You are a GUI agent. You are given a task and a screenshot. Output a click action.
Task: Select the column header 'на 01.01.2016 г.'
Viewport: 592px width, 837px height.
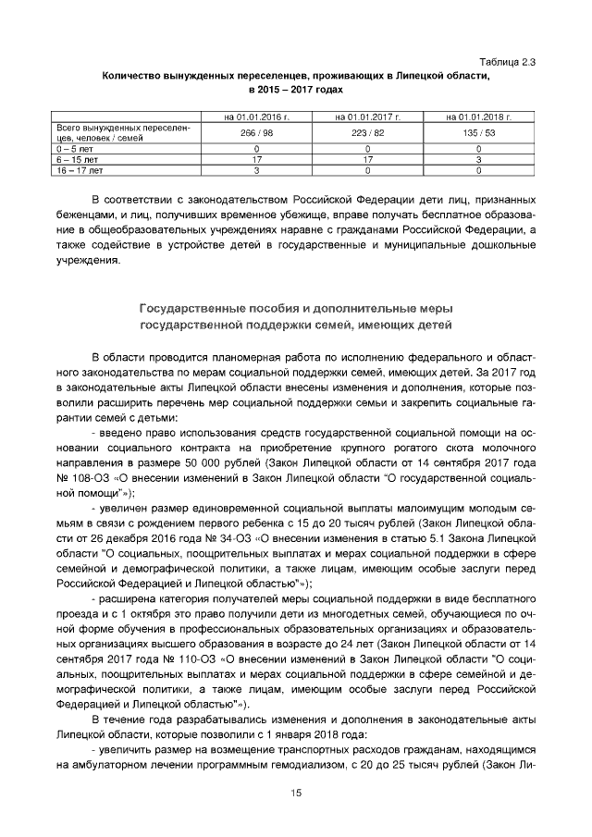pos(256,117)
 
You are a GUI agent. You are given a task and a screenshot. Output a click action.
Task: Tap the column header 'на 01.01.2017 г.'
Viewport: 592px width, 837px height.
pos(367,117)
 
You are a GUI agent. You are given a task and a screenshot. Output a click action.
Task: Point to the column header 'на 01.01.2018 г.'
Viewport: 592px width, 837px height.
pos(478,117)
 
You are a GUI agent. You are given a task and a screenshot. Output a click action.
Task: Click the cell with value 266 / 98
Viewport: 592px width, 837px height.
pos(256,133)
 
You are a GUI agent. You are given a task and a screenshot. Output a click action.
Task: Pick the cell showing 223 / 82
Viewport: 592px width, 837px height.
pos(367,133)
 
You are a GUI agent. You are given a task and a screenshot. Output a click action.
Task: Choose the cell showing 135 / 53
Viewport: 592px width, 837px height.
pos(478,133)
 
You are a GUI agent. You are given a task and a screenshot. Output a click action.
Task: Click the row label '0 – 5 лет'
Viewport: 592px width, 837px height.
pos(74,148)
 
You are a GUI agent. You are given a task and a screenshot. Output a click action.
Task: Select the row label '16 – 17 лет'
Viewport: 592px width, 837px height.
pos(80,170)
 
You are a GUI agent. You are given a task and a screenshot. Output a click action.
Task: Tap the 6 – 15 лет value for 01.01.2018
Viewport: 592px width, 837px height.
pos(478,159)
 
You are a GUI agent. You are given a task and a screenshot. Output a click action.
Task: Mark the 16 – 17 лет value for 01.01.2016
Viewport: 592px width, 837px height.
pos(256,170)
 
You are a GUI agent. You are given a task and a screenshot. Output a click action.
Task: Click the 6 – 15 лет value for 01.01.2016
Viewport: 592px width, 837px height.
pos(256,159)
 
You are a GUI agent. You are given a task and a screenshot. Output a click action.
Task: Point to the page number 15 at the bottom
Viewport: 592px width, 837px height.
pos(296,793)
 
